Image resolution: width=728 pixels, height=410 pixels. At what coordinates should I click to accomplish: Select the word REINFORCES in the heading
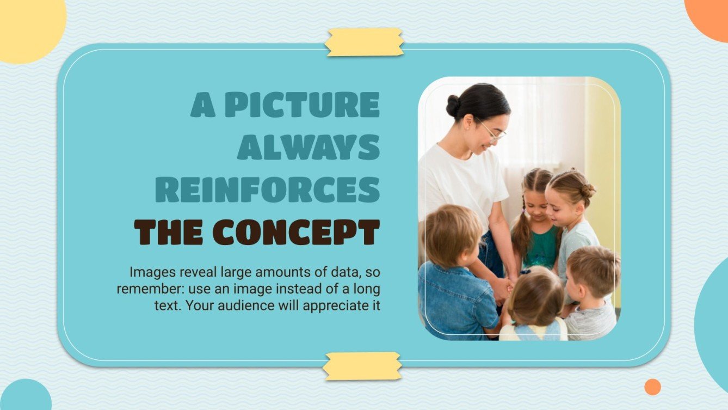[267, 189]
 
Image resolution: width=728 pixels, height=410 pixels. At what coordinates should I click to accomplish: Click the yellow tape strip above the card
[365, 42]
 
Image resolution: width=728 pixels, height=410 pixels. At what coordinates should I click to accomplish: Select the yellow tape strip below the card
[362, 365]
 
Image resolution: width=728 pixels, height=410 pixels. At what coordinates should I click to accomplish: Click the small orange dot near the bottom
[652, 387]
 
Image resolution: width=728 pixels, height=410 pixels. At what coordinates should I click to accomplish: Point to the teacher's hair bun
[453, 106]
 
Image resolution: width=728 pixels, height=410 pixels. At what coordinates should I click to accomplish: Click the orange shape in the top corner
[710, 16]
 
